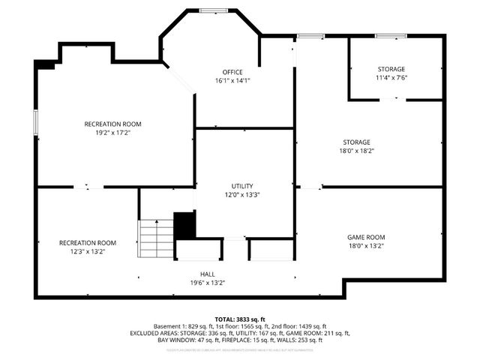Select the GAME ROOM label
366,237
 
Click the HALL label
207,274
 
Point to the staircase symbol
156,238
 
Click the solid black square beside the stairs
184,225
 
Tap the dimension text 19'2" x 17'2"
112,133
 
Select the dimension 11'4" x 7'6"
391,77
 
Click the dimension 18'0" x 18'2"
356,151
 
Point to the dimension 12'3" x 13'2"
88,252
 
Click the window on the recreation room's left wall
35,123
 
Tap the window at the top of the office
209,10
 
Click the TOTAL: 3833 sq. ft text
240,318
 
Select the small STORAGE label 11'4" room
391,68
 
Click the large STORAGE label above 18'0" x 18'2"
356,142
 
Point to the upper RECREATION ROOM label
112,124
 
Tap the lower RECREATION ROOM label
88,243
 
